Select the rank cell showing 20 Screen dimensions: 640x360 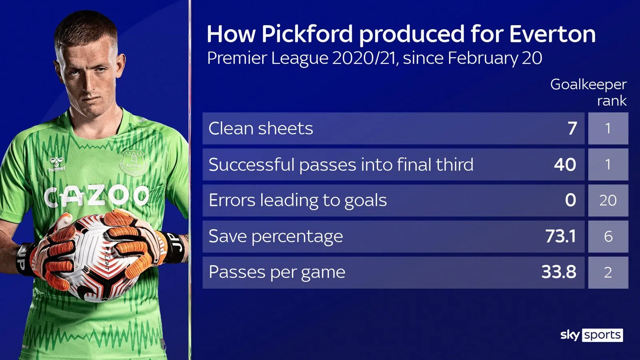608,200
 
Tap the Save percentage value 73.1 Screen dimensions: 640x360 560,236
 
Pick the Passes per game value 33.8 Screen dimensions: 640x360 559,272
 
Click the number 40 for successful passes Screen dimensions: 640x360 565,164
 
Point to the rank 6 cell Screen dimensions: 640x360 608,236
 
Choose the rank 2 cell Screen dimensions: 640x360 608,272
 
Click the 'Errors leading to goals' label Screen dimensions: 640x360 298,200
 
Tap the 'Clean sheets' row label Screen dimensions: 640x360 260,128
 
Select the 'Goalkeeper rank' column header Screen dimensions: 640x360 588,92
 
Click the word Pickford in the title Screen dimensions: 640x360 307,34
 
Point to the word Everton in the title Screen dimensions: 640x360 552,34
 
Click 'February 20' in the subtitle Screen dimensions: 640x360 495,58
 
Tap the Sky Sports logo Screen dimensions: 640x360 592,335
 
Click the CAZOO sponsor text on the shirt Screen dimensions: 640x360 96,196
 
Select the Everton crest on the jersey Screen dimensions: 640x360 134,162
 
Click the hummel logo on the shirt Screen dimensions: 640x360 56,164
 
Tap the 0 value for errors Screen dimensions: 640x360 570,200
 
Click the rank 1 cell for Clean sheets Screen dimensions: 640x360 608,128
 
